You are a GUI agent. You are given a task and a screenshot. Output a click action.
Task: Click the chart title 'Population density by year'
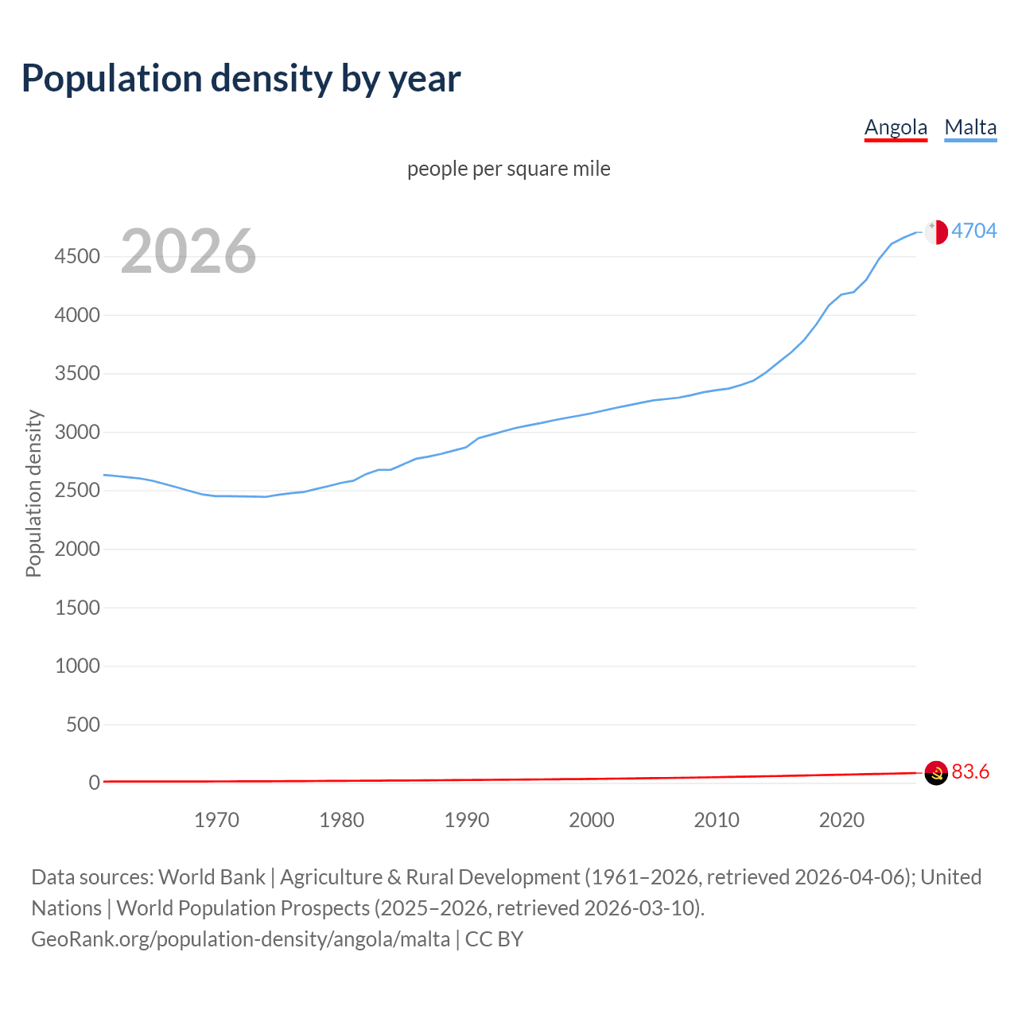241,79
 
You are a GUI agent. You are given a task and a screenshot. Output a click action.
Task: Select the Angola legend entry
896,127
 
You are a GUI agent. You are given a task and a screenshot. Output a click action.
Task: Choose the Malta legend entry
970,127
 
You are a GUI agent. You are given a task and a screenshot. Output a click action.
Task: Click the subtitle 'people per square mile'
509,169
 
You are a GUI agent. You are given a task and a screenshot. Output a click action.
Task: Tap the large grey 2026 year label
188,251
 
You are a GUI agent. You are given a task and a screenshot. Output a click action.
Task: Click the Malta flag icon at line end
936,231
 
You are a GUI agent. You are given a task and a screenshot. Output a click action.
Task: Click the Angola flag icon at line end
936,772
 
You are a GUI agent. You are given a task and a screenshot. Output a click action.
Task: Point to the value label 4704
973,231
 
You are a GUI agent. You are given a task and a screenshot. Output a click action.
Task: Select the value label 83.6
970,771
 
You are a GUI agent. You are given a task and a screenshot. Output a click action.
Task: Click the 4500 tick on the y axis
77,257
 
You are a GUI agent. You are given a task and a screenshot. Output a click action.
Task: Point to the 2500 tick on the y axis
77,491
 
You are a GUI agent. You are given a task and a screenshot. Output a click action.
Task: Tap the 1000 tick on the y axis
77,666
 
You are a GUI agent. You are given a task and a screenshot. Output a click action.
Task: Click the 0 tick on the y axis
95,783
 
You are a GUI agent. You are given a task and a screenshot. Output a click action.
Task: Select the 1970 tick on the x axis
216,820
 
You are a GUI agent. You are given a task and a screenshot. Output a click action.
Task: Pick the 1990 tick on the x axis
467,820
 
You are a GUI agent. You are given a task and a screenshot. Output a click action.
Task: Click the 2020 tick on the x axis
841,820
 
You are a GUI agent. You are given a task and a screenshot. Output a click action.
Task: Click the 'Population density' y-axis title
33,493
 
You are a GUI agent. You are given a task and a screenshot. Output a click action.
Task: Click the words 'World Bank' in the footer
212,877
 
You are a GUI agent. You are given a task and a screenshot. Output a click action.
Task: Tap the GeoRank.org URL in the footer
240,939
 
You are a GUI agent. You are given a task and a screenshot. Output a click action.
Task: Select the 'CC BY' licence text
494,939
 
